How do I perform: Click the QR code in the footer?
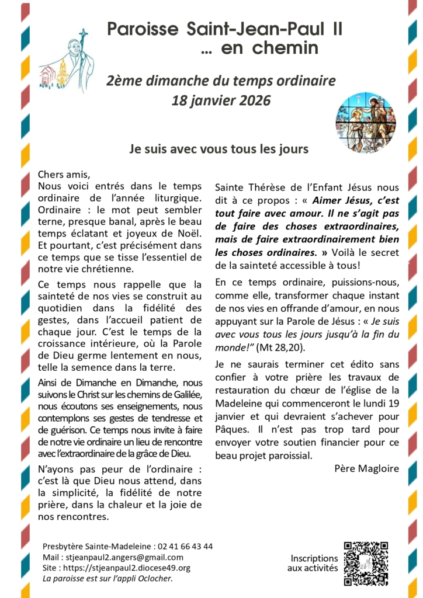[x=366, y=564]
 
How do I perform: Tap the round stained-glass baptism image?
[x=366, y=123]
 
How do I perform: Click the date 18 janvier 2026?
[x=221, y=100]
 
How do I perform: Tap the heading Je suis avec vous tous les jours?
[x=219, y=149]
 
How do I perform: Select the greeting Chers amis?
[x=65, y=174]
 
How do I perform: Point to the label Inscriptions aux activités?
[x=314, y=563]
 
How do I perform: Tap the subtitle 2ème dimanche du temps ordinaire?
[x=221, y=81]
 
